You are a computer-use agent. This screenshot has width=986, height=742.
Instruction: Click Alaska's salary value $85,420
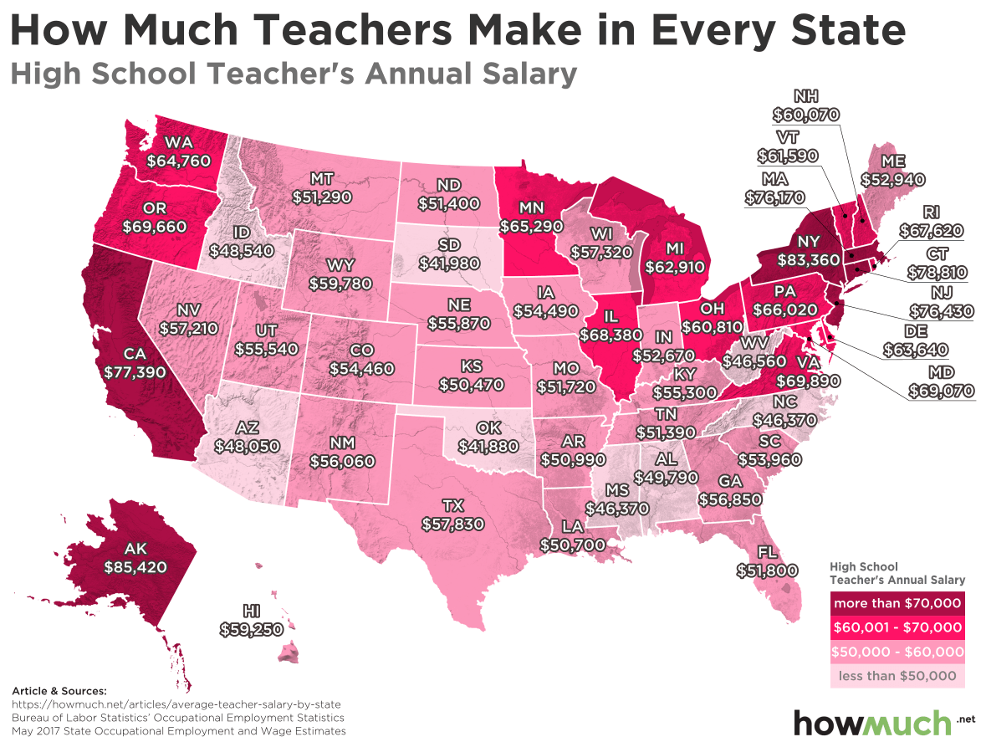pyautogui.click(x=135, y=566)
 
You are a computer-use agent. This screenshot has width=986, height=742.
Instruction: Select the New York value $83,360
pyautogui.click(x=807, y=259)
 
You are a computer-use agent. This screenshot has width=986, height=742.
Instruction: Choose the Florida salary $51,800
pyautogui.click(x=767, y=570)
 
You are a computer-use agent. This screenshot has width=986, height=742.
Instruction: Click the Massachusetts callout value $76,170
pyautogui.click(x=776, y=198)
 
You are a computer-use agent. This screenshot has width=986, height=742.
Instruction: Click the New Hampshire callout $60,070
pyautogui.click(x=805, y=114)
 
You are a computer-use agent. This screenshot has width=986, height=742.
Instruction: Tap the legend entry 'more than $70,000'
pyautogui.click(x=897, y=603)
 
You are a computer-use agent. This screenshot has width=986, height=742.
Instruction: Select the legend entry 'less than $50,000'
pyautogui.click(x=897, y=675)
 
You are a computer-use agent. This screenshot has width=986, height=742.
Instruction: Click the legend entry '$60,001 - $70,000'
pyautogui.click(x=897, y=627)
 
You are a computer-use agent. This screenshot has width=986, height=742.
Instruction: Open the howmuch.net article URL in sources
pyautogui.click(x=176, y=705)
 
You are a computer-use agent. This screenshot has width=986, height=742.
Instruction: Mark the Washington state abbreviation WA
pyautogui.click(x=179, y=141)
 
